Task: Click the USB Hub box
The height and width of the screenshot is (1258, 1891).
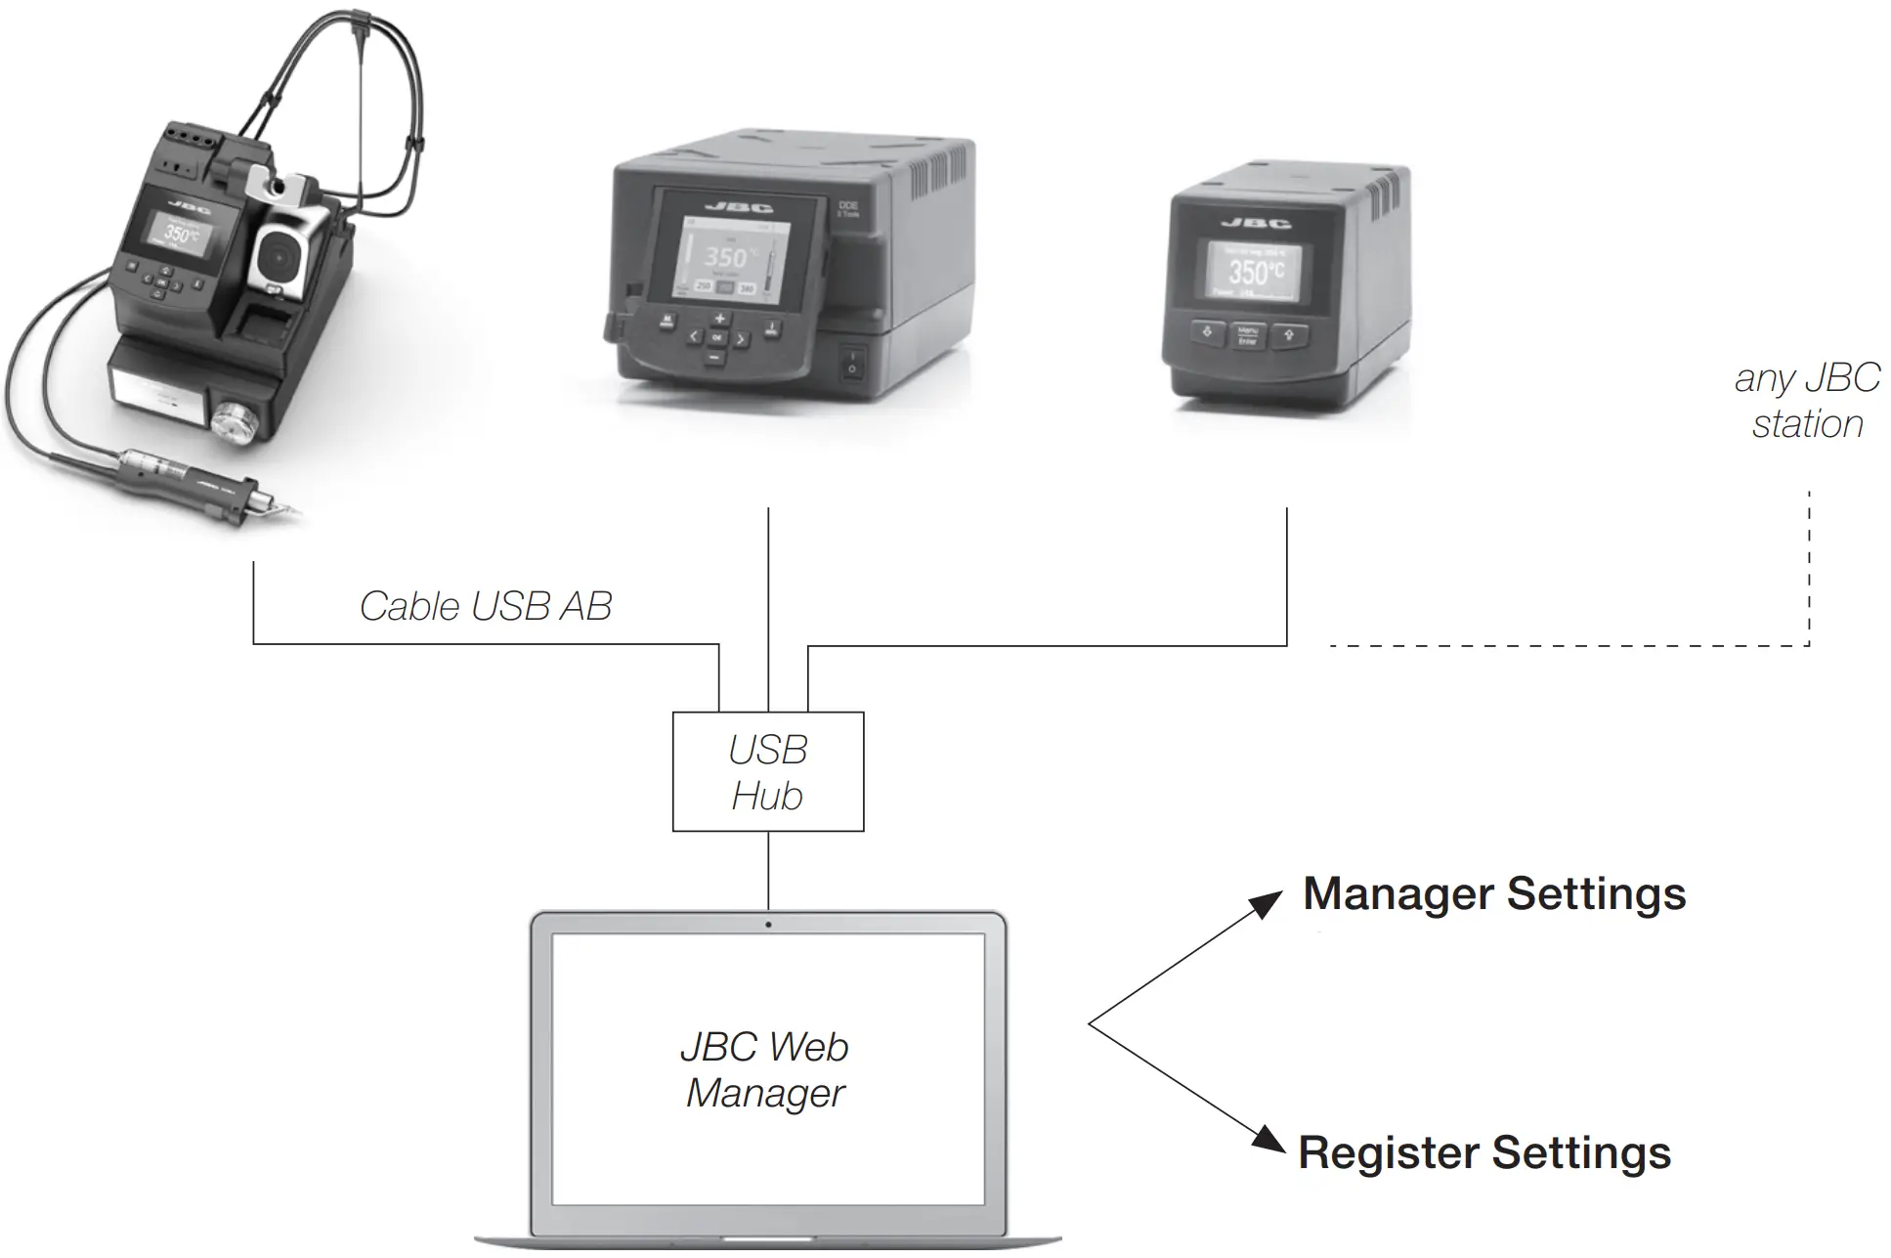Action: coord(768,772)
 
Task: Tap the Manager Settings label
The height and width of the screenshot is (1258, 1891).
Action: coord(1494,894)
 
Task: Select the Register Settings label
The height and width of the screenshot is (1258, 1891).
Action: coord(1484,1152)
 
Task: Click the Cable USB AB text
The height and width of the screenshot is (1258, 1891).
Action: coord(486,606)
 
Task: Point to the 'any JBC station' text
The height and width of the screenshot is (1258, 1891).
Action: coord(1807,401)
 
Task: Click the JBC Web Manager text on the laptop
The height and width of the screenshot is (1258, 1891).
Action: coord(765,1069)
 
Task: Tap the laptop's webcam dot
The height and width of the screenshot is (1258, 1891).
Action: coord(768,925)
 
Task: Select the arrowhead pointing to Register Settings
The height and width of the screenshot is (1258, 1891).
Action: coord(1270,1139)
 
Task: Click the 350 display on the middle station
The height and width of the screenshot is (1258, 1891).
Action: coord(725,257)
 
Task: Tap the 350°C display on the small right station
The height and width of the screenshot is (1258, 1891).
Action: coord(1256,271)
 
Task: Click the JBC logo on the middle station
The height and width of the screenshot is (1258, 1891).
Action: coord(739,207)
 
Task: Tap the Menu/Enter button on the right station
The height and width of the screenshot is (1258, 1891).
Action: coord(1247,335)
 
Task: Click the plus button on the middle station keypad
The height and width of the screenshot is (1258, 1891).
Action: coord(719,319)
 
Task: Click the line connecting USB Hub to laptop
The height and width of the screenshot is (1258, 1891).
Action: coord(768,870)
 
